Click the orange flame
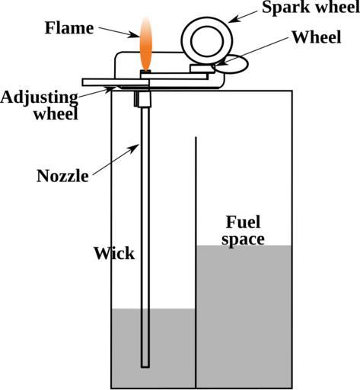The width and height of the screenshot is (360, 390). click(x=146, y=43)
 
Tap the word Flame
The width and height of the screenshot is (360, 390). click(x=69, y=28)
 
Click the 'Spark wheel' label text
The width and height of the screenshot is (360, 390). click(x=311, y=7)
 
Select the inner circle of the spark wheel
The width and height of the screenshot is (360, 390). click(x=207, y=42)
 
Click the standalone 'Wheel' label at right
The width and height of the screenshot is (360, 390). click(x=317, y=37)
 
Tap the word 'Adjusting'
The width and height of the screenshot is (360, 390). click(x=39, y=98)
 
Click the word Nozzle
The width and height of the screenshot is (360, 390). click(x=62, y=176)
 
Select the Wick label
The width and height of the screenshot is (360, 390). click(x=114, y=253)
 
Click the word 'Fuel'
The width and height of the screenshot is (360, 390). click(x=243, y=222)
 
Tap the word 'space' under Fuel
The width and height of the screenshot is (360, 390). click(x=243, y=240)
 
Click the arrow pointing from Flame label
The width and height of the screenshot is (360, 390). click(x=119, y=32)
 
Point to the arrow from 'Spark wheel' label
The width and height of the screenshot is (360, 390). click(x=243, y=17)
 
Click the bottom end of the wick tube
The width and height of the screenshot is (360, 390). click(x=145, y=367)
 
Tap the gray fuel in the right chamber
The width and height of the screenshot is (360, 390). click(x=244, y=316)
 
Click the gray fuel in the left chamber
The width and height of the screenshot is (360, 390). click(x=153, y=348)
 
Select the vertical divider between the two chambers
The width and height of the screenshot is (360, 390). click(x=196, y=263)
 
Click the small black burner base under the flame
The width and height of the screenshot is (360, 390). click(x=145, y=72)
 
